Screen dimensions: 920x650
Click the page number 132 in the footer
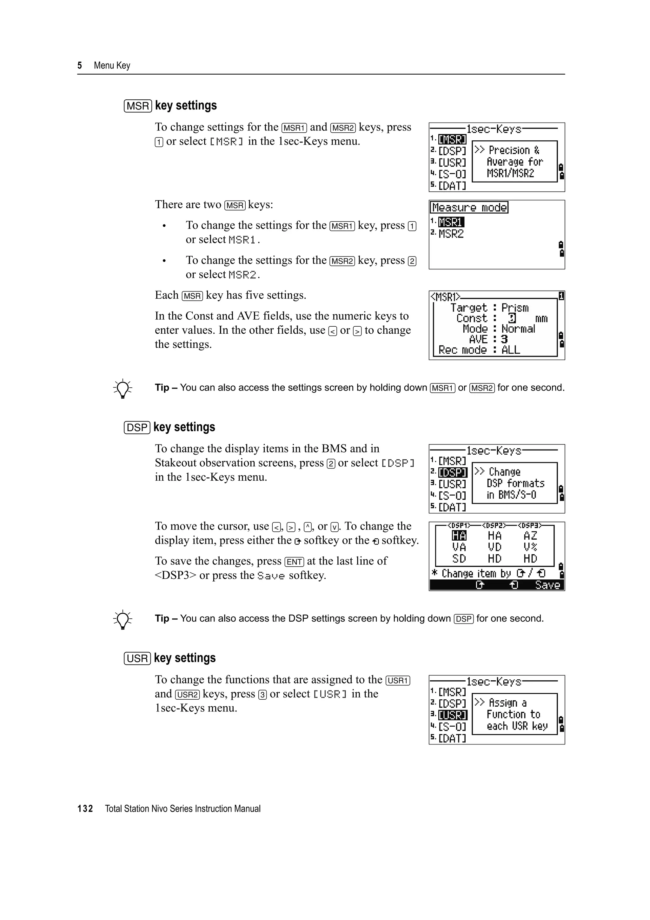click(x=85, y=809)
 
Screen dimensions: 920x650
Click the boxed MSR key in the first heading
click(x=138, y=106)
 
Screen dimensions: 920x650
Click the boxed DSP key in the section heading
click(x=137, y=428)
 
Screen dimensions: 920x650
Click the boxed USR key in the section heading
click(x=137, y=658)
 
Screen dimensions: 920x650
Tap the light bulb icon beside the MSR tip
click(x=123, y=388)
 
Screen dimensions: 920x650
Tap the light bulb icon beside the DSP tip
click(x=123, y=619)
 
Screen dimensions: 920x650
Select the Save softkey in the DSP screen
click(x=547, y=585)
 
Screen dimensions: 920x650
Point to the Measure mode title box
click(x=469, y=208)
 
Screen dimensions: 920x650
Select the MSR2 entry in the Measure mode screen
click(x=451, y=234)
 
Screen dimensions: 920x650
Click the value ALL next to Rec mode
click(x=511, y=350)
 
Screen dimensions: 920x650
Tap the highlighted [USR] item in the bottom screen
click(x=453, y=715)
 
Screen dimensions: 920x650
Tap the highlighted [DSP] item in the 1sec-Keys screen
click(x=453, y=473)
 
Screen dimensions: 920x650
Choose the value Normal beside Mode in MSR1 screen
click(x=518, y=329)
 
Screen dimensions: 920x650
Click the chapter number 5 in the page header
click(x=80, y=66)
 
